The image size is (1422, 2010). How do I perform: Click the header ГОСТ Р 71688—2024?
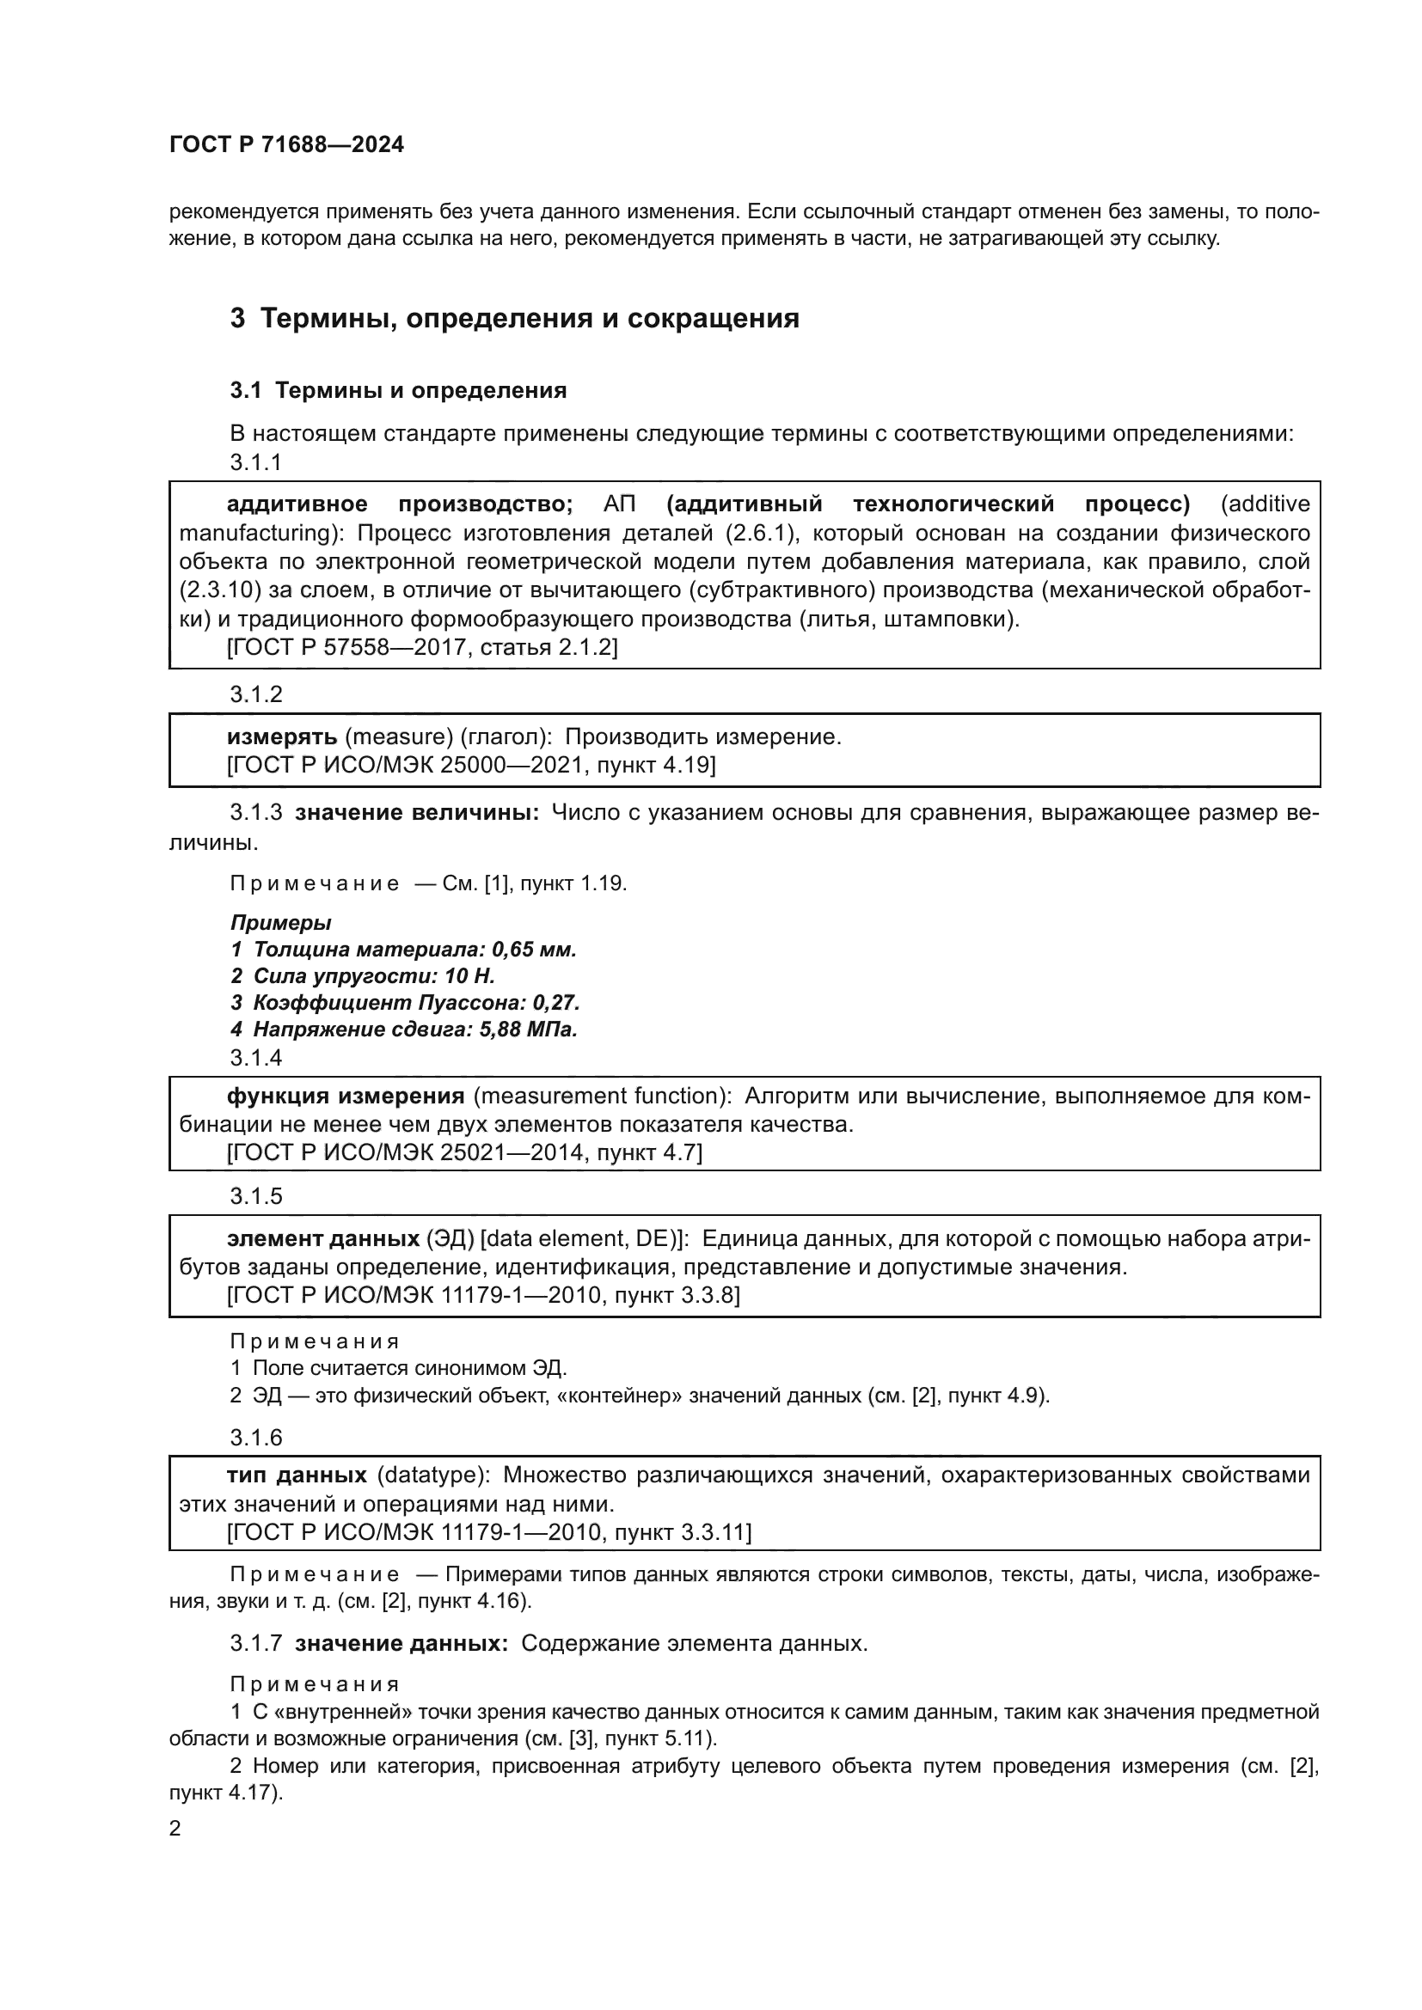pyautogui.click(x=286, y=145)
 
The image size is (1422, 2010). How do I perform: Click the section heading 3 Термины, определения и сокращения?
pyautogui.click(x=515, y=318)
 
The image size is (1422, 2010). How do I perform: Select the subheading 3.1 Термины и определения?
pyautogui.click(x=398, y=390)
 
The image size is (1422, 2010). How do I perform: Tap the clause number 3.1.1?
pyautogui.click(x=255, y=462)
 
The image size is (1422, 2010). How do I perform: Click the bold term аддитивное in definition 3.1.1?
pyautogui.click(x=297, y=504)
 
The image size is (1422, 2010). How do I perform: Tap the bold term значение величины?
pyautogui.click(x=417, y=812)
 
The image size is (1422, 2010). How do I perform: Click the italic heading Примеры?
pyautogui.click(x=280, y=922)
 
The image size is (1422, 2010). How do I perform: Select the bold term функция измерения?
pyautogui.click(x=345, y=1096)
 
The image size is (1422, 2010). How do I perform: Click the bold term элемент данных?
pyautogui.click(x=323, y=1239)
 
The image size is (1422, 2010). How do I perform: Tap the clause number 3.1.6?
pyautogui.click(x=255, y=1438)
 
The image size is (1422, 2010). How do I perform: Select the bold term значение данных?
pyautogui.click(x=401, y=1643)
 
